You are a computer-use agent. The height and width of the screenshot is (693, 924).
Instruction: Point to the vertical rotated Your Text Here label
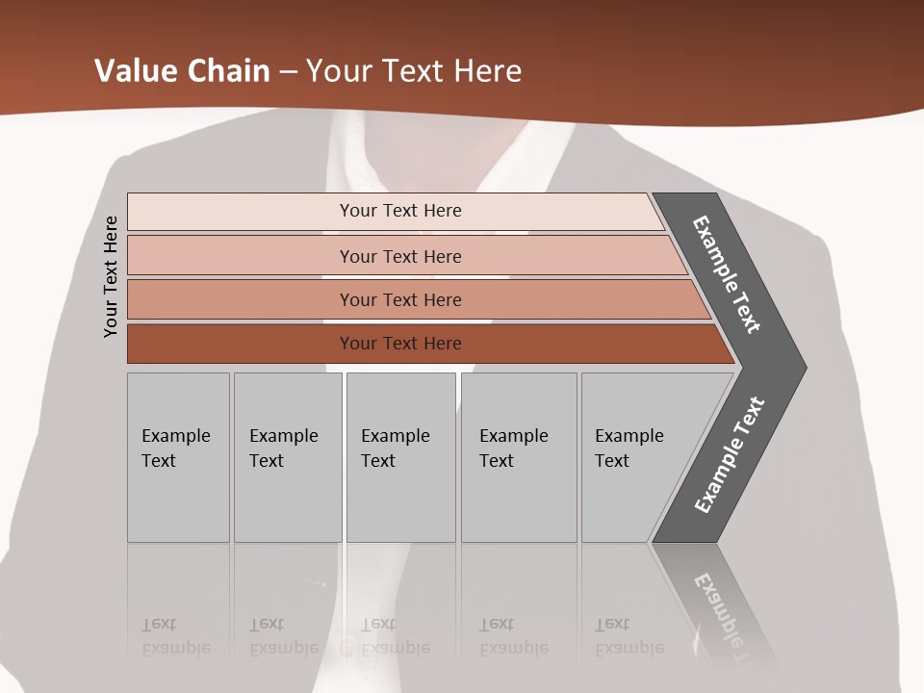click(x=111, y=276)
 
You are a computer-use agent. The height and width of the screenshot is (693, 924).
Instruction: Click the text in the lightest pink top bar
click(x=400, y=211)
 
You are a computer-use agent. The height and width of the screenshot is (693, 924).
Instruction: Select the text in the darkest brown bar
click(x=400, y=344)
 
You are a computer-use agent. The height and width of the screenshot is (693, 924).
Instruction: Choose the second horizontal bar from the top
click(x=400, y=256)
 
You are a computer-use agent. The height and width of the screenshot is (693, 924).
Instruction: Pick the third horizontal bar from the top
click(x=400, y=300)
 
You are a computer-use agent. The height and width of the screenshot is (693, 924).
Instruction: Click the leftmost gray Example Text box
click(x=177, y=449)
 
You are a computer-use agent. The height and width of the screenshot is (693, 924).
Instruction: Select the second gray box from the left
click(x=286, y=449)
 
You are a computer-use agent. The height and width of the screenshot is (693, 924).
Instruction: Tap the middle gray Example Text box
click(x=398, y=449)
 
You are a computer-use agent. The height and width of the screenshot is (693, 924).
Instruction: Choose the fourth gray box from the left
click(x=517, y=449)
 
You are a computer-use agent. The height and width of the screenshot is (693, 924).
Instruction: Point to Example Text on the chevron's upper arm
click(x=727, y=274)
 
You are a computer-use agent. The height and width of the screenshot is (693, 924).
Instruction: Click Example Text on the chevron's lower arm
click(x=729, y=455)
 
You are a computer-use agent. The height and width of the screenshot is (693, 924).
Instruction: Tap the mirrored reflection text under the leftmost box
click(x=176, y=637)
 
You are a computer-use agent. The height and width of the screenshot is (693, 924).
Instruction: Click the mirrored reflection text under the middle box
click(x=396, y=637)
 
